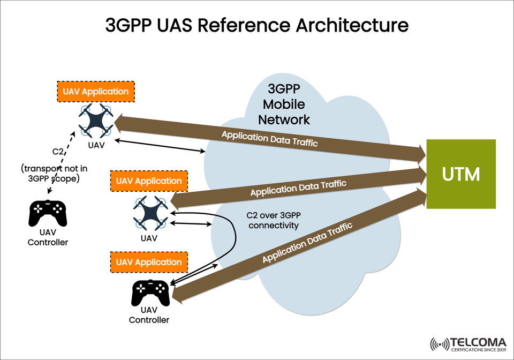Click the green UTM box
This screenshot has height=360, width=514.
460,174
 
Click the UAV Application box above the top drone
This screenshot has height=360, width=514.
95,92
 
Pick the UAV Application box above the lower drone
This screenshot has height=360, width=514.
149,182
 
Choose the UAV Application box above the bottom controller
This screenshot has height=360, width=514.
149,262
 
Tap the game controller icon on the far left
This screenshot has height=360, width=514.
47,213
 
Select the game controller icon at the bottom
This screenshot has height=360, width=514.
150,292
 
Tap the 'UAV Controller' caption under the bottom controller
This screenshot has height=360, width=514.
149,315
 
